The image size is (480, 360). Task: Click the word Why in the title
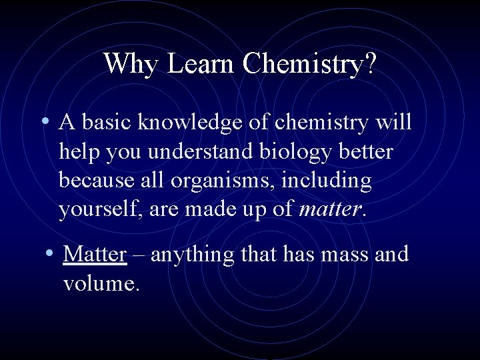[132, 64]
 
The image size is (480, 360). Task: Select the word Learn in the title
[201, 64]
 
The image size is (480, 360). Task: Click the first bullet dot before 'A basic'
[43, 122]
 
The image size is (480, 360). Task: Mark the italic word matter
[330, 211]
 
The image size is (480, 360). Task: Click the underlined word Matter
[95, 255]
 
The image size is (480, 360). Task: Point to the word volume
[99, 284]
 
